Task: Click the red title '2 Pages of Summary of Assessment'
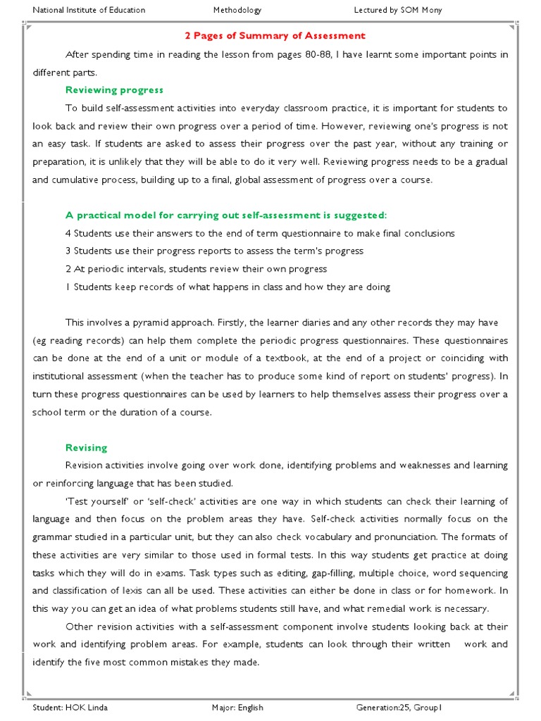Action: point(275,36)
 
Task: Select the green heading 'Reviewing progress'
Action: point(114,90)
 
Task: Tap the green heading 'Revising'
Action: point(87,448)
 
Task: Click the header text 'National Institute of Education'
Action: point(89,11)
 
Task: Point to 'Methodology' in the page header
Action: point(237,11)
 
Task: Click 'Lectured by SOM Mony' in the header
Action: point(398,11)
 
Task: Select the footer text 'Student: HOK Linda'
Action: point(70,708)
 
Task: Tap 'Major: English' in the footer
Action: point(237,708)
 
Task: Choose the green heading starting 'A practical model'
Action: point(226,215)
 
